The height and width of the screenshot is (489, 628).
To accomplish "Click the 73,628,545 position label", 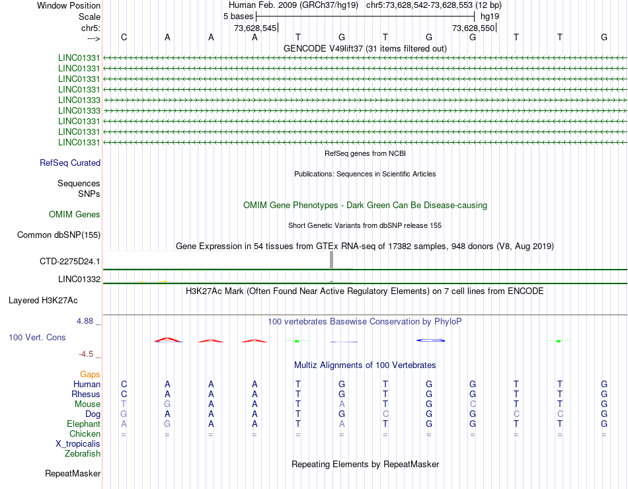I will point(255,28).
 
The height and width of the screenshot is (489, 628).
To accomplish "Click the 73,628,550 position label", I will point(473,28).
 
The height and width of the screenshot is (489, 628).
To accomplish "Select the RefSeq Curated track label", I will point(70,163).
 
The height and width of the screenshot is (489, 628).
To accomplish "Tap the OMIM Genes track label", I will point(75,215).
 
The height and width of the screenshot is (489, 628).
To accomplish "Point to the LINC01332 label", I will point(79,280).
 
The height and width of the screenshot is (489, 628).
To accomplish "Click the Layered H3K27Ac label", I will point(43,301).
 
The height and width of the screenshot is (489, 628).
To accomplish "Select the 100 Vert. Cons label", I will point(37,338).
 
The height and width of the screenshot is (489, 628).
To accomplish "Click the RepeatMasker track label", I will point(73,474).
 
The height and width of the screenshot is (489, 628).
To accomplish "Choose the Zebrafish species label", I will point(83,454).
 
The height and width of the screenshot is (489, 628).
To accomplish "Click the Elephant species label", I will point(83,424).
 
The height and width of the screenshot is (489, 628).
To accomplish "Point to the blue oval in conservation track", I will point(430,340).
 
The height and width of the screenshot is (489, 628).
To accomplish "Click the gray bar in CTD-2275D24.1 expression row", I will point(331,260).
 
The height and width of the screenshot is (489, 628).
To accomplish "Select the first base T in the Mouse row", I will point(124,404).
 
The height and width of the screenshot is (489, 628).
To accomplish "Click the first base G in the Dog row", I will point(124,414).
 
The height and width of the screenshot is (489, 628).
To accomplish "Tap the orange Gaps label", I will point(90,375).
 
